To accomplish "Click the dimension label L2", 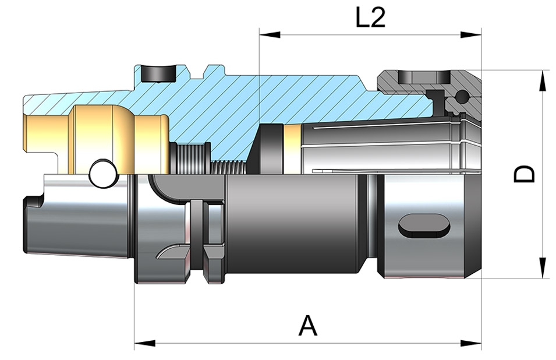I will click(x=370, y=19).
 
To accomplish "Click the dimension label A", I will click(x=308, y=325).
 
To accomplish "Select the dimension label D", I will click(x=525, y=174).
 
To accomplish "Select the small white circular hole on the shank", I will click(x=103, y=174).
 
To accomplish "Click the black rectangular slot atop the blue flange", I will click(x=158, y=73).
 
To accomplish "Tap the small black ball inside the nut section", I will click(x=463, y=97).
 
